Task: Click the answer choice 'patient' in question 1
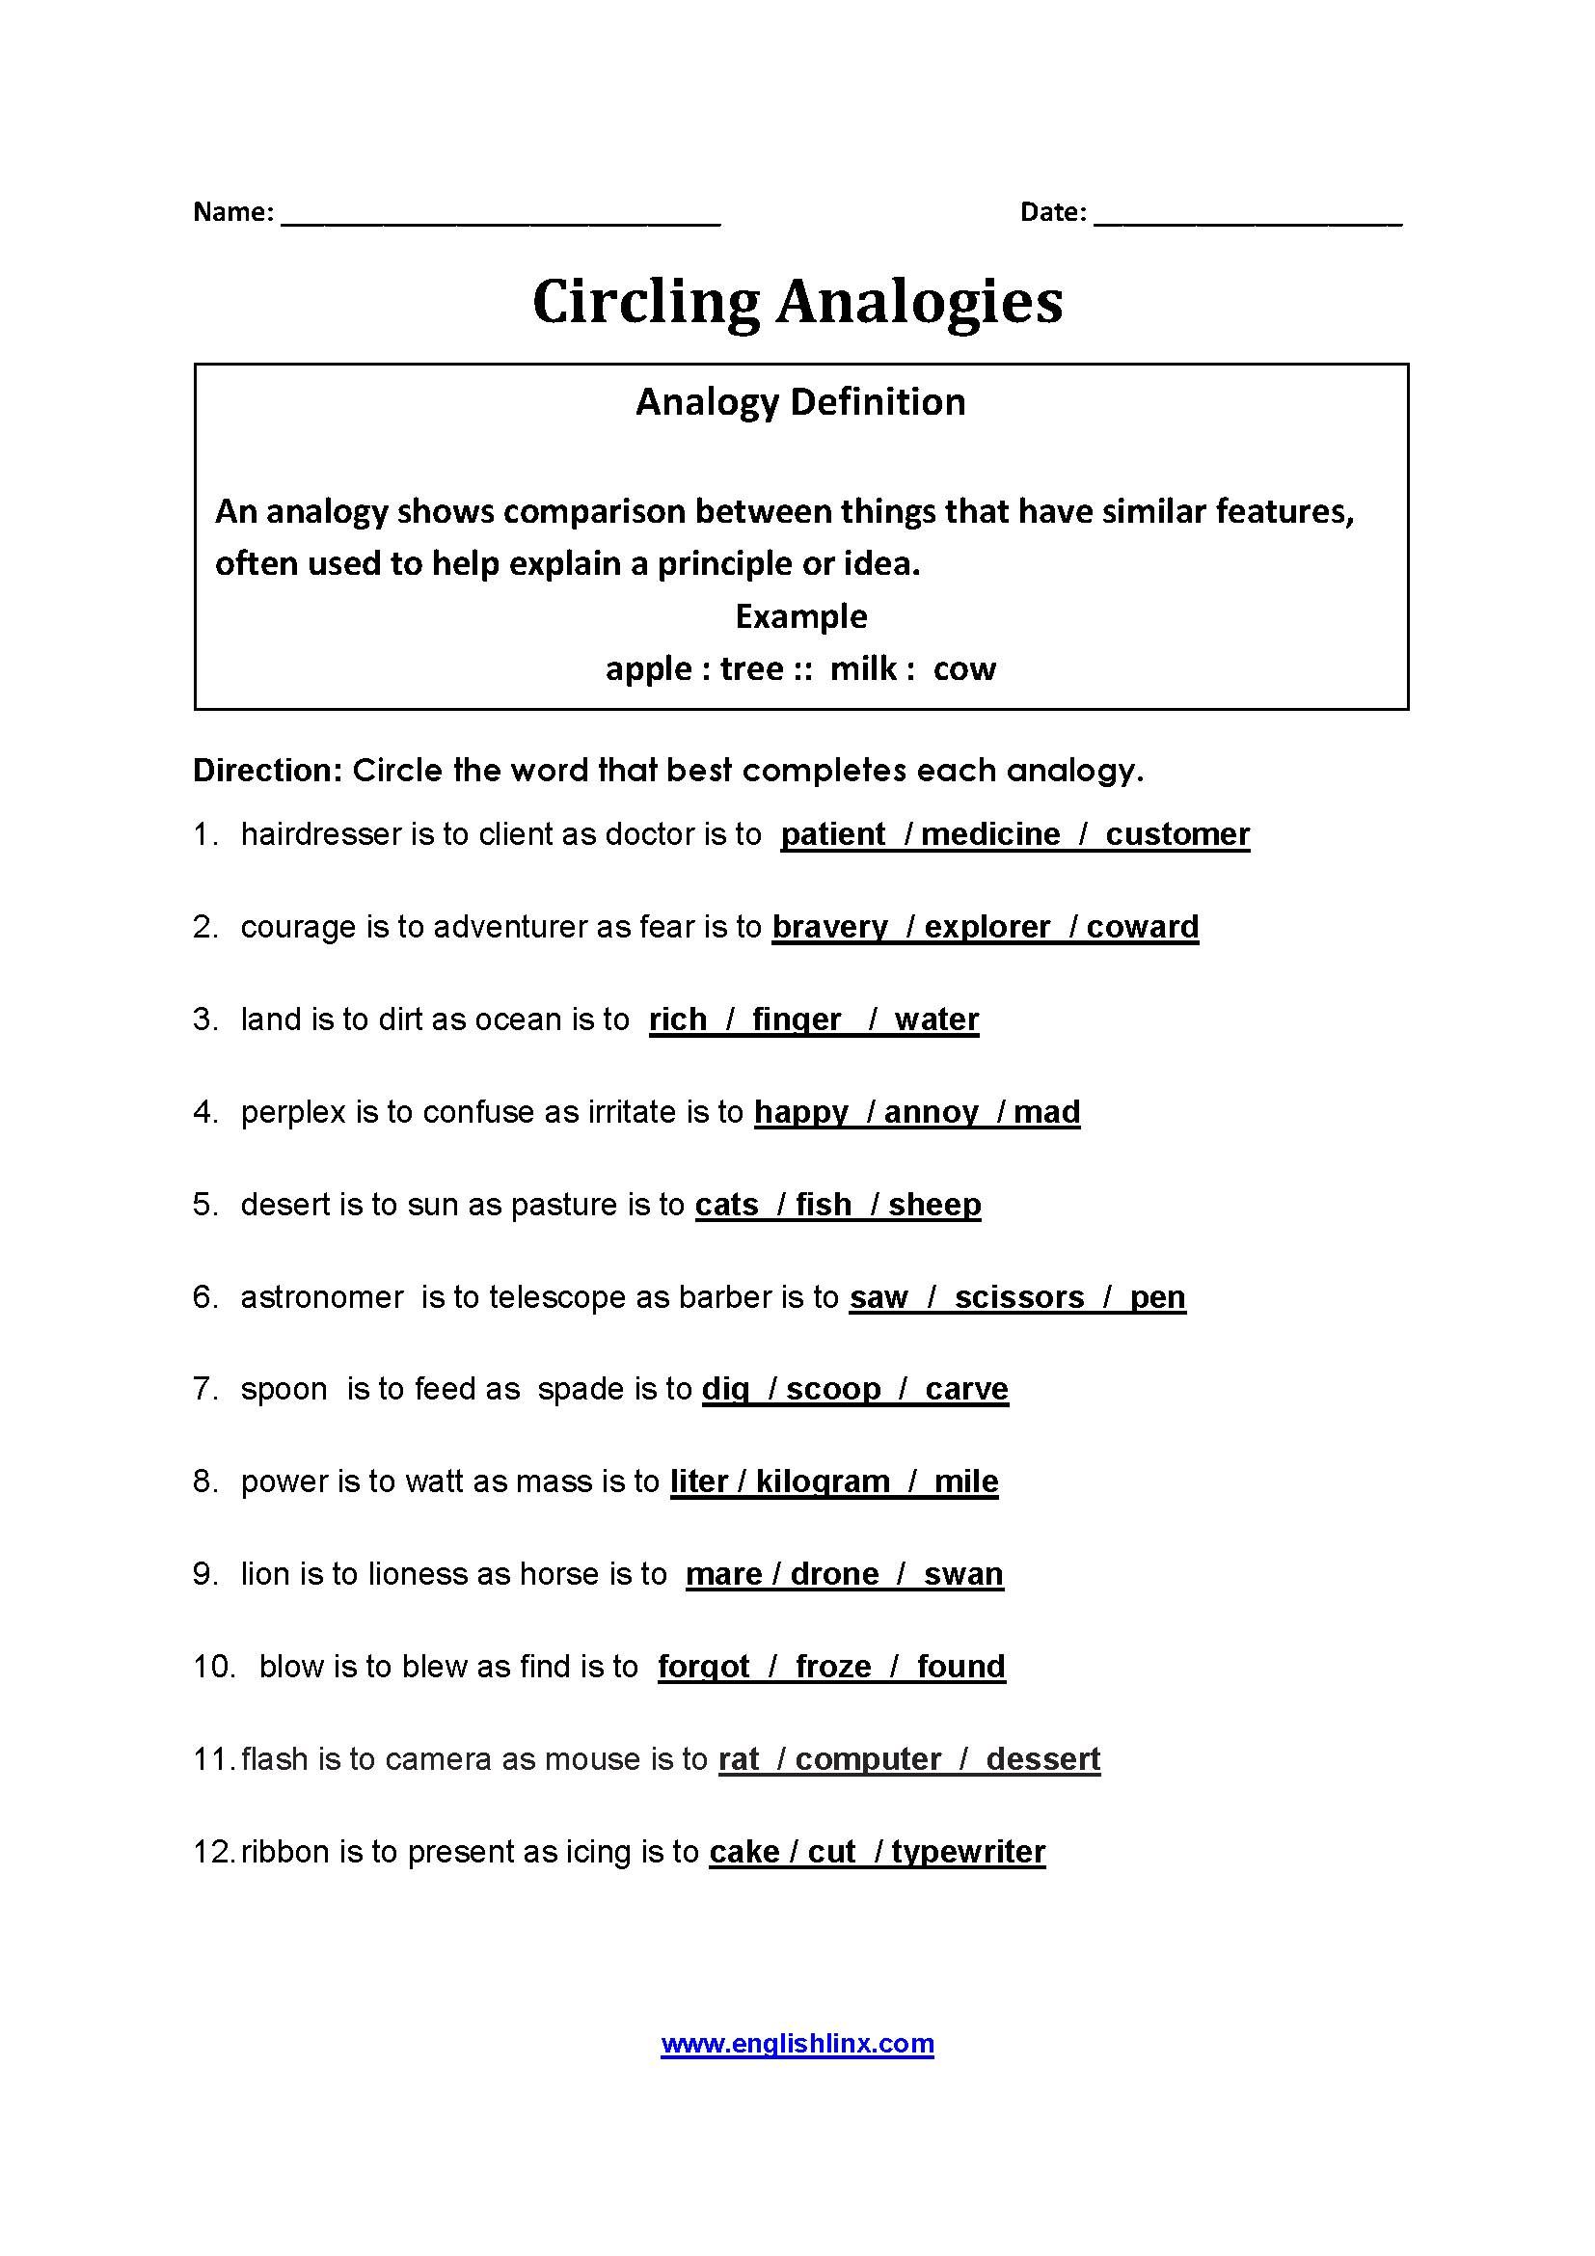click(833, 834)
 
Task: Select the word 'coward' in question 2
click(1142, 927)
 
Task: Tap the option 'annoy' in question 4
click(932, 1112)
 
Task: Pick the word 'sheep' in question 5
click(934, 1205)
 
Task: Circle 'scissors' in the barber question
click(1019, 1297)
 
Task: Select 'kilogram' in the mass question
click(823, 1481)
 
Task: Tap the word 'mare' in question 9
click(724, 1574)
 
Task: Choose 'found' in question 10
click(960, 1667)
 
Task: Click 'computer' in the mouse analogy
click(868, 1759)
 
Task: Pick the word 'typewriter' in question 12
click(968, 1852)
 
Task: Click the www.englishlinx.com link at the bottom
click(797, 2044)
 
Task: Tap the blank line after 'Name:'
click(500, 216)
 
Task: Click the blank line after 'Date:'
click(1247, 216)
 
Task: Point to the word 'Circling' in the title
click(646, 302)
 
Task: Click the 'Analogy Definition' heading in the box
click(800, 402)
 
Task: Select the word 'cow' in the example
click(964, 669)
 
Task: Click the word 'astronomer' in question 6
click(322, 1297)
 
